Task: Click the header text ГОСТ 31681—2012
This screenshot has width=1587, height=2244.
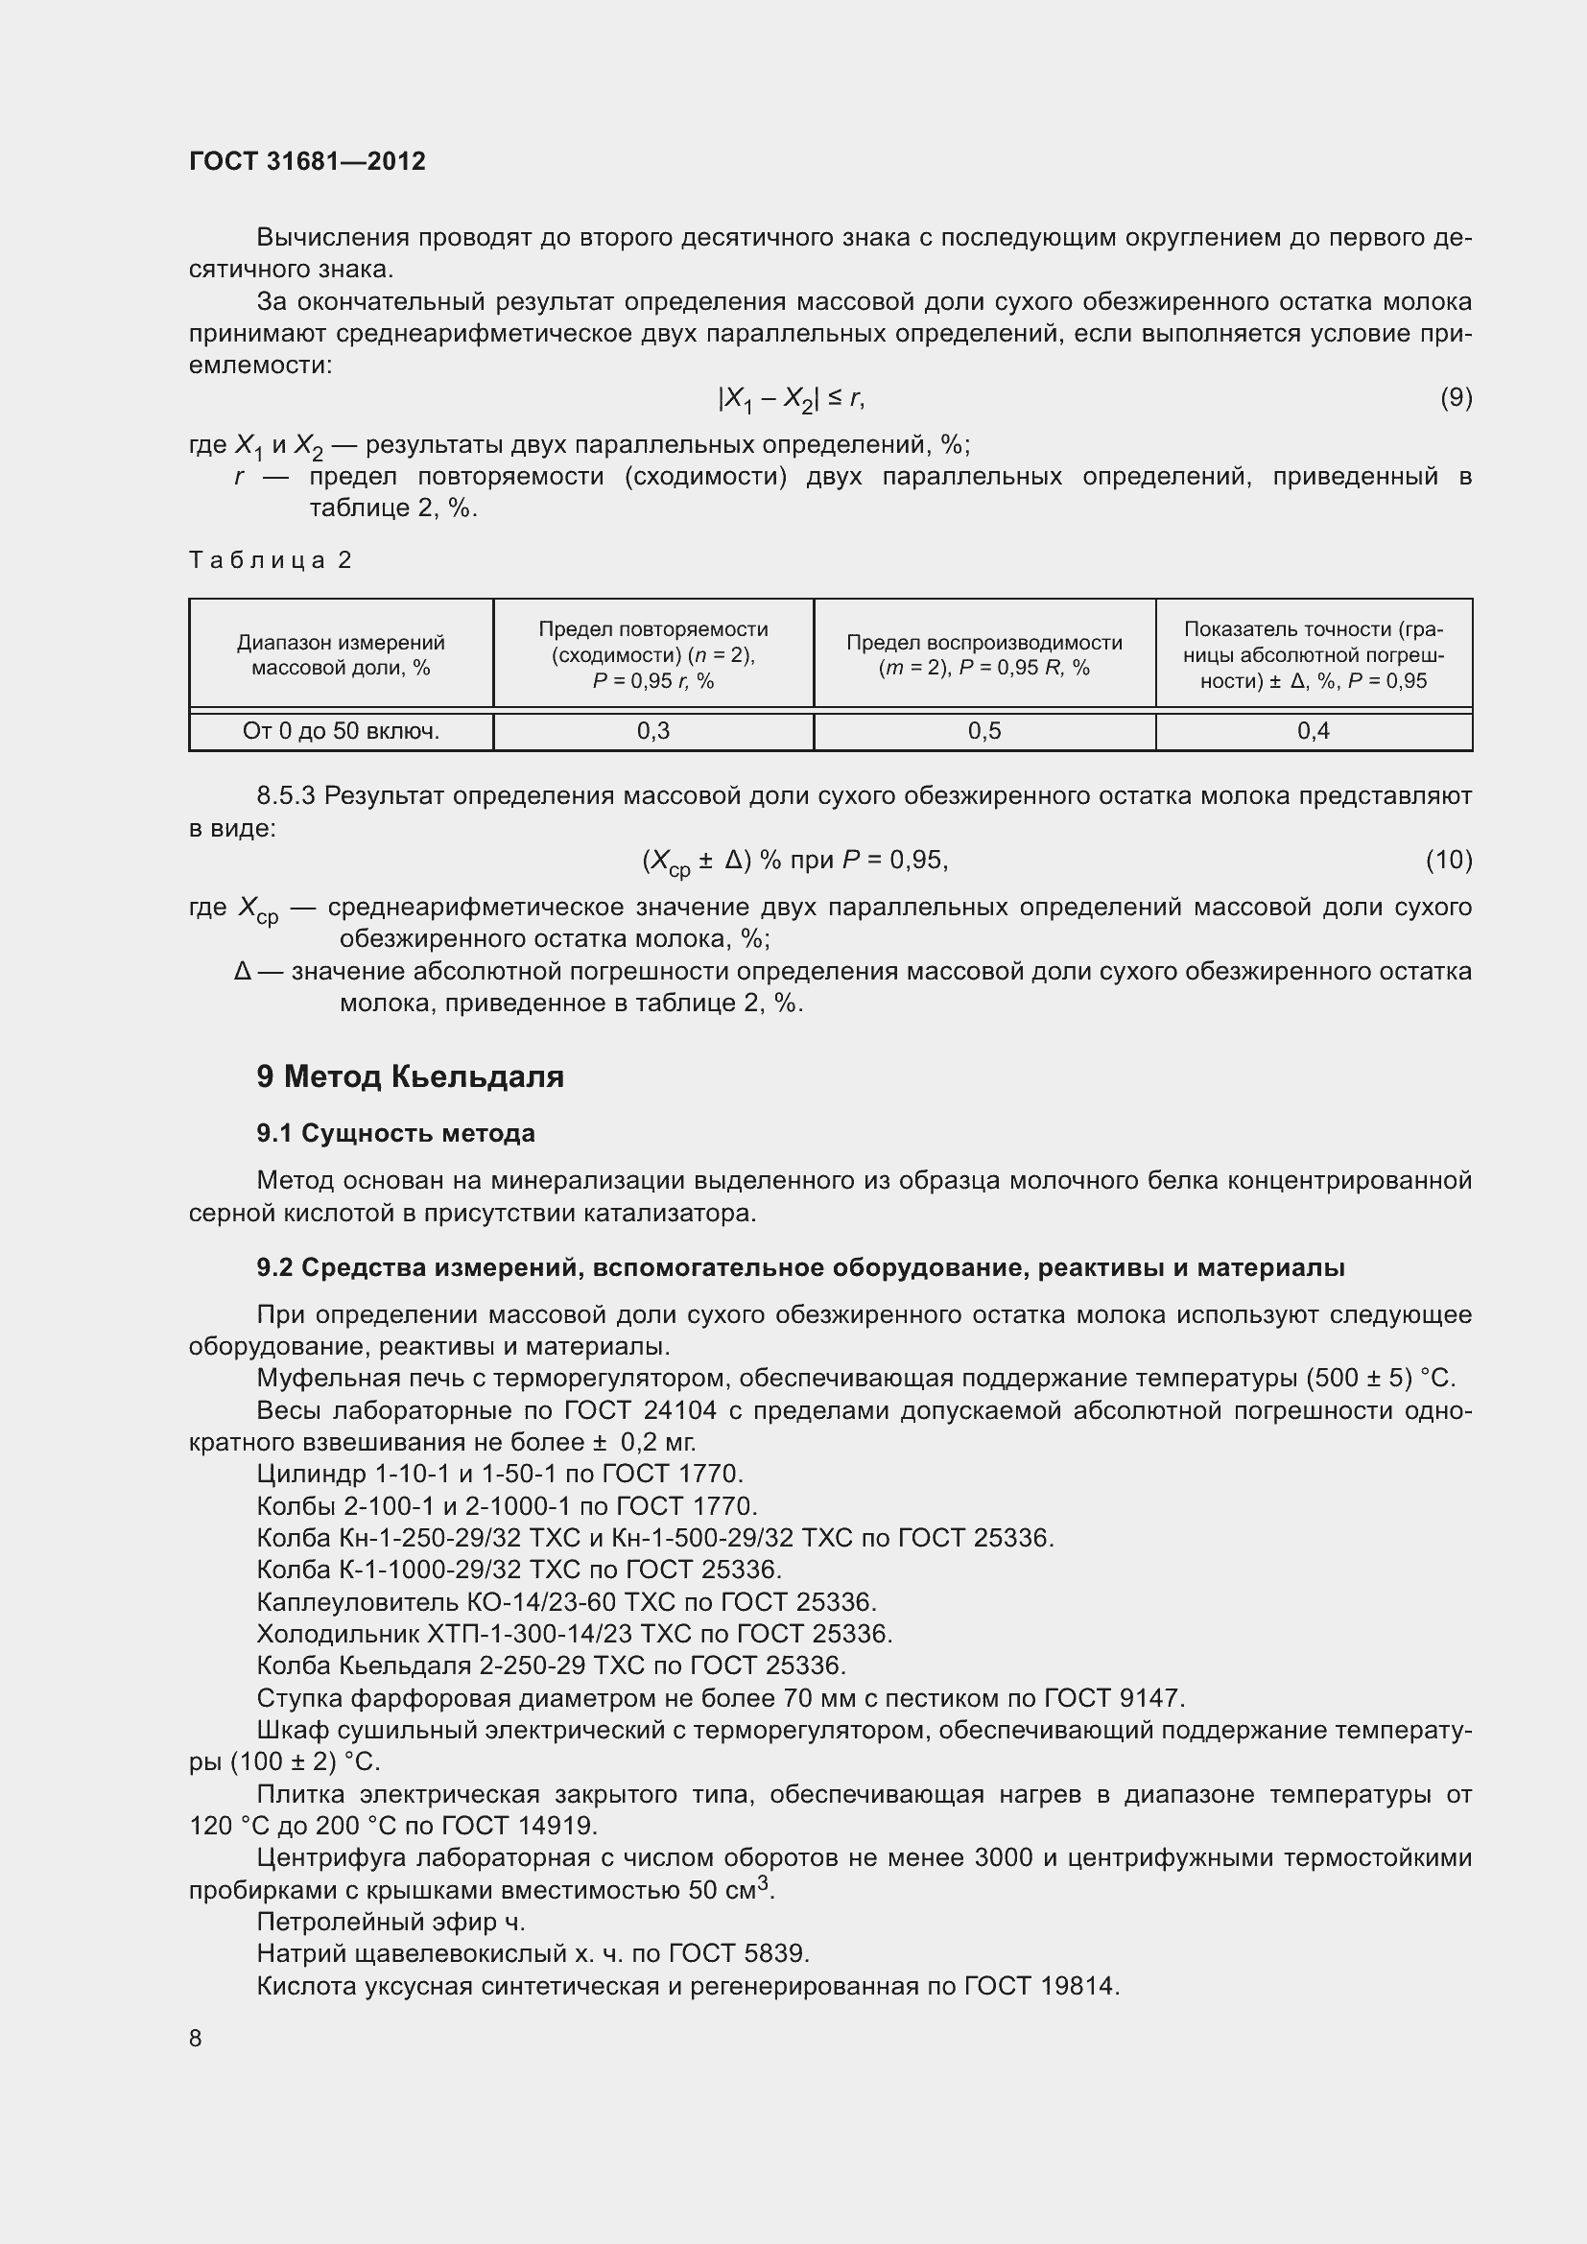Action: pyautogui.click(x=307, y=161)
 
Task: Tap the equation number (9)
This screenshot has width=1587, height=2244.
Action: pyautogui.click(x=1456, y=398)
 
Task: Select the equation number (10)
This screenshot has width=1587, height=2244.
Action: pyautogui.click(x=1448, y=860)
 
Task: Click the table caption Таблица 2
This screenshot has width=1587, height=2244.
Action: pyautogui.click(x=270, y=560)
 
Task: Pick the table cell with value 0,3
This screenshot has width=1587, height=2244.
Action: pyautogui.click(x=652, y=731)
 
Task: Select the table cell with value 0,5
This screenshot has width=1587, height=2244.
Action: pyautogui.click(x=984, y=731)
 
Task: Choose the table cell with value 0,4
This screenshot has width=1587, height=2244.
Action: pyautogui.click(x=1313, y=731)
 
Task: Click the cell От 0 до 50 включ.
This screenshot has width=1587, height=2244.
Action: pyautogui.click(x=340, y=731)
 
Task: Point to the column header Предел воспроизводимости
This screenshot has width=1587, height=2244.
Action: pyautogui.click(x=984, y=655)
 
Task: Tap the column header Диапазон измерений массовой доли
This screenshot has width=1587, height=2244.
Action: pyautogui.click(x=340, y=655)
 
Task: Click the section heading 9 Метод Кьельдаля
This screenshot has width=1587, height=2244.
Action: pyautogui.click(x=411, y=1077)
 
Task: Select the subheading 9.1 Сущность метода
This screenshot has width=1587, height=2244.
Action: pyautogui.click(x=395, y=1134)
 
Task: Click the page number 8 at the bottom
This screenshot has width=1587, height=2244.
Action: pyautogui.click(x=196, y=2038)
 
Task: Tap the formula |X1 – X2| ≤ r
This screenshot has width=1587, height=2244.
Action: pyautogui.click(x=792, y=399)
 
